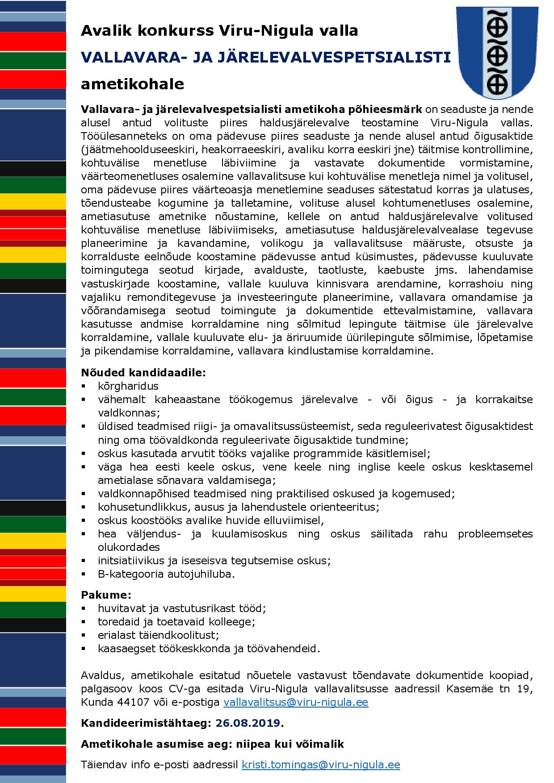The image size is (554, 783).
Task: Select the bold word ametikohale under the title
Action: [x=132, y=84]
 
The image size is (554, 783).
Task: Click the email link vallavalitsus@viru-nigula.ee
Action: [x=296, y=702]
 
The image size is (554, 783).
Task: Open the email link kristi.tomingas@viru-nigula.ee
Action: [x=321, y=765]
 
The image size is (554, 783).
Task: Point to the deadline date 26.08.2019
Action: [x=248, y=723]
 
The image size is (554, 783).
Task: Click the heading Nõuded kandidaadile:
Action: [x=143, y=372]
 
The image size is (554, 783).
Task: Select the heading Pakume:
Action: [x=106, y=595]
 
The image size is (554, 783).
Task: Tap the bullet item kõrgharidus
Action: [x=128, y=386]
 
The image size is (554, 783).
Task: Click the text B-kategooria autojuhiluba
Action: [x=166, y=574]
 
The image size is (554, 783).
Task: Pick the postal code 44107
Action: [x=133, y=702]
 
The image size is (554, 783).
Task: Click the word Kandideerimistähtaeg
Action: [x=144, y=723]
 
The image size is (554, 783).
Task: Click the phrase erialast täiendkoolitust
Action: [x=159, y=635]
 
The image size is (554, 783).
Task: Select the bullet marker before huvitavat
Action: [x=84, y=608]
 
